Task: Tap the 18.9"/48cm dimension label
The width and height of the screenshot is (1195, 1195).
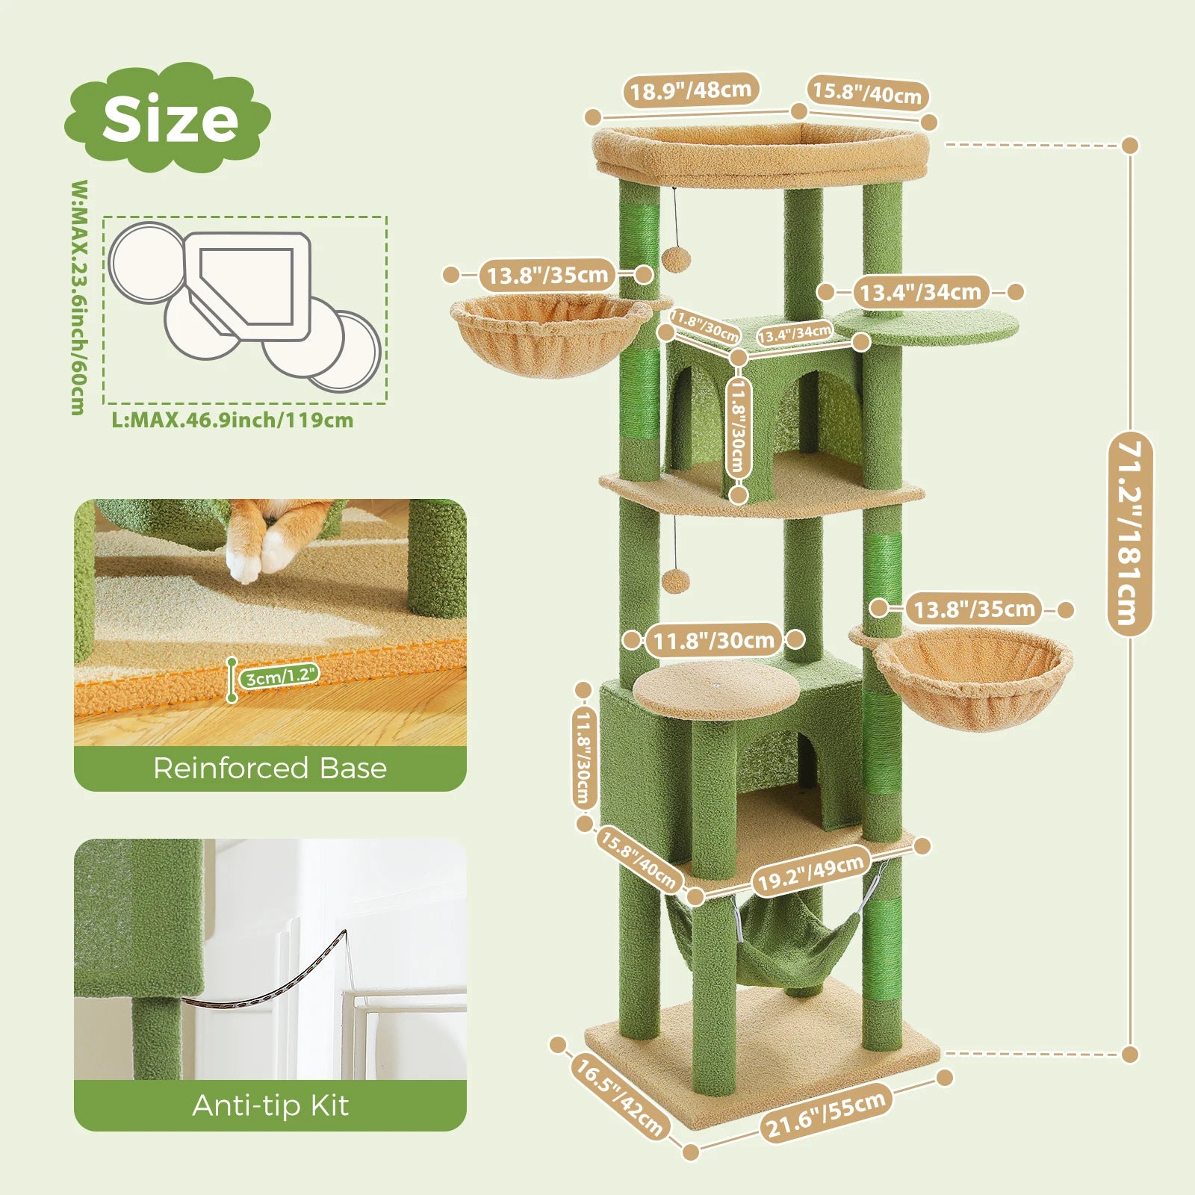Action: click(x=690, y=90)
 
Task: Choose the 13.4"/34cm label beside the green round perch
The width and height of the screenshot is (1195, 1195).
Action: click(x=920, y=292)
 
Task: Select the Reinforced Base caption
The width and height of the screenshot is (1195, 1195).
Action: click(x=270, y=768)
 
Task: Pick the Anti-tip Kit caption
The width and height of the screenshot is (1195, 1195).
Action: click(x=270, y=1105)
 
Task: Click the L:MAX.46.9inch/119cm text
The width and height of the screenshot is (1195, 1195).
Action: click(x=232, y=420)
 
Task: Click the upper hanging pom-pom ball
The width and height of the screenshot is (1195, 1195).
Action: click(x=676, y=259)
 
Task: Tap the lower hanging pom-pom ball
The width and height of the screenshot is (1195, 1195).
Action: click(x=676, y=580)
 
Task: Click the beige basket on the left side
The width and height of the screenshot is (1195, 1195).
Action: click(x=549, y=335)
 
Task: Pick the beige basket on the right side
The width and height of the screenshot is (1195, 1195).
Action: click(x=971, y=676)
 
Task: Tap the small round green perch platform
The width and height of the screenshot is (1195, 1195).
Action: click(x=926, y=327)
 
